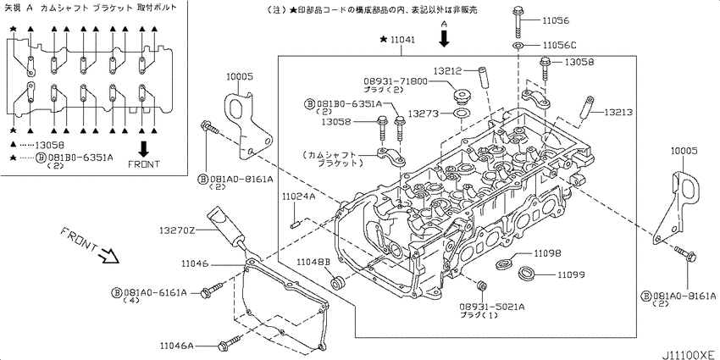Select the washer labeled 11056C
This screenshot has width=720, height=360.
(x=518, y=44)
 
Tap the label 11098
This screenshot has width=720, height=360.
(x=548, y=253)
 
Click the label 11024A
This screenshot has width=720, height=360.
(x=298, y=197)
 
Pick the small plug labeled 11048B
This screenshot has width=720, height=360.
(x=338, y=281)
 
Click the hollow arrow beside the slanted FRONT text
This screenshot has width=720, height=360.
(x=108, y=255)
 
